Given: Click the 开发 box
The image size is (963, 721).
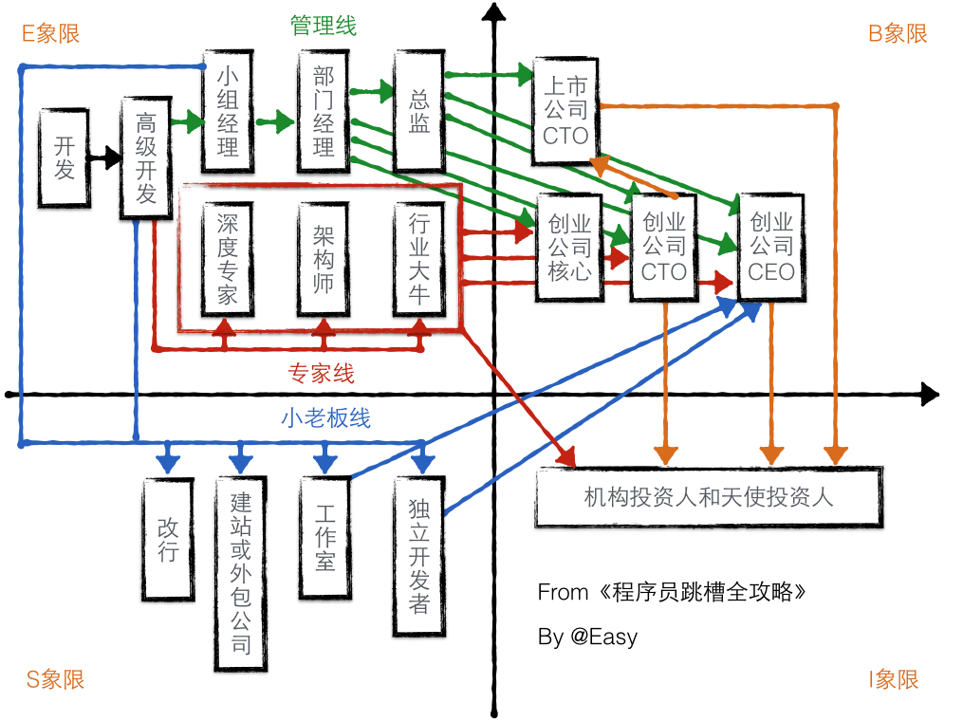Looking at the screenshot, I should coord(65,157).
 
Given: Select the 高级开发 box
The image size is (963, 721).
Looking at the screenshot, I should coord(146,157).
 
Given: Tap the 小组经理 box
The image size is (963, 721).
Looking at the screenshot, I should coord(228,112).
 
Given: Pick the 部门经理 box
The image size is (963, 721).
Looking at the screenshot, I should coord(324,112).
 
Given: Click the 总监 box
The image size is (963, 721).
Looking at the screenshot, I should coord(419,112).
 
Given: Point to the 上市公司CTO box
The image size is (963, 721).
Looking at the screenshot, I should coord(565,111).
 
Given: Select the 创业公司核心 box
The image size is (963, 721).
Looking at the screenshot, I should coord(570,248).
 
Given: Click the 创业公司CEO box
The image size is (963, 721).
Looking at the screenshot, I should coord(771,248).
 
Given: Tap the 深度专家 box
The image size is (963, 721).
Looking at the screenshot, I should coord(228,258).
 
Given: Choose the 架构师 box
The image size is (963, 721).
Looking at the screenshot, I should coord(324,258).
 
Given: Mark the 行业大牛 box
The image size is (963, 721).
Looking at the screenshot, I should coord(419,258).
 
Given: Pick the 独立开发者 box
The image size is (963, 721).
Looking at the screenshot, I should coord(419,556).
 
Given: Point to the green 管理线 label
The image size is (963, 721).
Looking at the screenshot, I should coord(324,26).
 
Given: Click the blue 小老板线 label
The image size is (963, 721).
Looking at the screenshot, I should coord(325,417).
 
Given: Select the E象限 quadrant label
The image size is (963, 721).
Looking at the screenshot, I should coord(51,34).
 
